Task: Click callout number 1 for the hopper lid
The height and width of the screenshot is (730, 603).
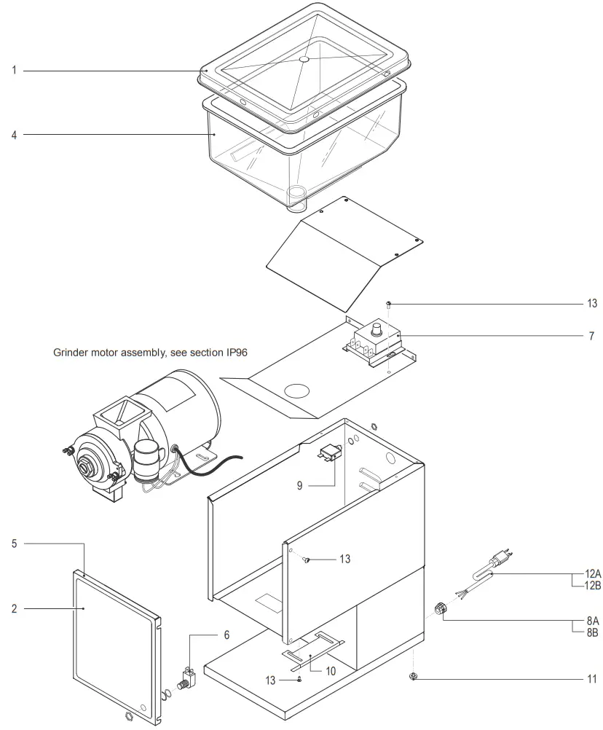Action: (14, 71)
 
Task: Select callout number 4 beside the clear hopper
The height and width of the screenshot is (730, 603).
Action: (14, 135)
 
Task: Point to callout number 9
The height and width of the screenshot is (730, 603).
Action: (299, 484)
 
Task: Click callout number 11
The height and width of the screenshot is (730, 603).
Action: (591, 679)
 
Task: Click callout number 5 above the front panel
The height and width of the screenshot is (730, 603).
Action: (14, 543)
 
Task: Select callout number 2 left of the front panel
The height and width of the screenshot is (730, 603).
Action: (14, 608)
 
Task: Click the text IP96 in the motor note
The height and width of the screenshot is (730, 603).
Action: (234, 352)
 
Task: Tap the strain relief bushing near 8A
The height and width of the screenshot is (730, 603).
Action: (439, 608)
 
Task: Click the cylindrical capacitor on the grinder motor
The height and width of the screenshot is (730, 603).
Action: (148, 463)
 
